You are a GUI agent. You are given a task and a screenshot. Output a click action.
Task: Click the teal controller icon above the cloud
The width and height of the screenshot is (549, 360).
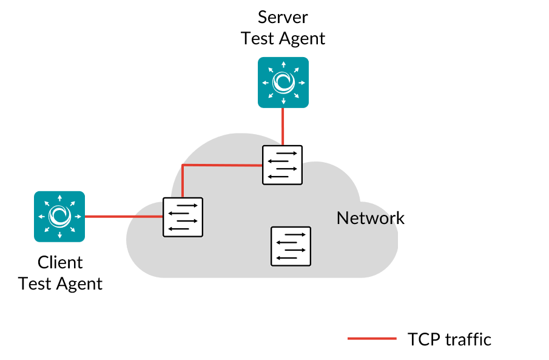coord(283,82)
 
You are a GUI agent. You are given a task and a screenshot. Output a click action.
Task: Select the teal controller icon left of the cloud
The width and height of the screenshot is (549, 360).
coord(59,216)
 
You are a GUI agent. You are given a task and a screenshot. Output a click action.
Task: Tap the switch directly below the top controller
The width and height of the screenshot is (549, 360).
coord(282,165)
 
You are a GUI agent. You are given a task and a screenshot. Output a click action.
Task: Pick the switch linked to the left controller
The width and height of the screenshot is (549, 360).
coord(183,217)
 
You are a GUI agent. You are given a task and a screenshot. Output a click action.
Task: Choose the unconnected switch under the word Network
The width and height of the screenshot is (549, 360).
coord(291,246)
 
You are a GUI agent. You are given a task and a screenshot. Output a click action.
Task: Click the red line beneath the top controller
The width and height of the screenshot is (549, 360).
coord(283,126)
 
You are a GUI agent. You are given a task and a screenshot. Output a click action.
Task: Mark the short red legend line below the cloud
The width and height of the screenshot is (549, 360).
coord(372,338)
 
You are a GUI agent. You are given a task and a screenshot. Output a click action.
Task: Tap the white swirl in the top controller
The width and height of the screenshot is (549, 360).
coord(283,82)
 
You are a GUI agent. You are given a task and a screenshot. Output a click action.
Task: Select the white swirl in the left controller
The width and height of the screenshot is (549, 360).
coord(59,216)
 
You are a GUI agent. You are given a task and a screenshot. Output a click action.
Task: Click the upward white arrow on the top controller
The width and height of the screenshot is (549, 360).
coord(283,64)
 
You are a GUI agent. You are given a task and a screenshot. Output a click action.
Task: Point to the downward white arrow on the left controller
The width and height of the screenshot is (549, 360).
coord(59,235)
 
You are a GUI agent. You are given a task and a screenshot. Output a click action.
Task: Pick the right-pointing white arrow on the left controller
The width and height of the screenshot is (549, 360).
coord(78,216)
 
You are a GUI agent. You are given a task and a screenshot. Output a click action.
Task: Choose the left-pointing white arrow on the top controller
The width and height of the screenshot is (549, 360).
coord(265,83)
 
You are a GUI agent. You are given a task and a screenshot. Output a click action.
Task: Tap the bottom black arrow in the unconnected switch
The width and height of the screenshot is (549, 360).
coord(287,258)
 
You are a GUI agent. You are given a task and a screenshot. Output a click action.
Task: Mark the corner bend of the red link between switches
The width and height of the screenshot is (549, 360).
coord(183,165)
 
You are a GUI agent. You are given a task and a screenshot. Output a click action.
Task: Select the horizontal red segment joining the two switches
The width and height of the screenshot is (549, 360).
coord(222,165)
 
